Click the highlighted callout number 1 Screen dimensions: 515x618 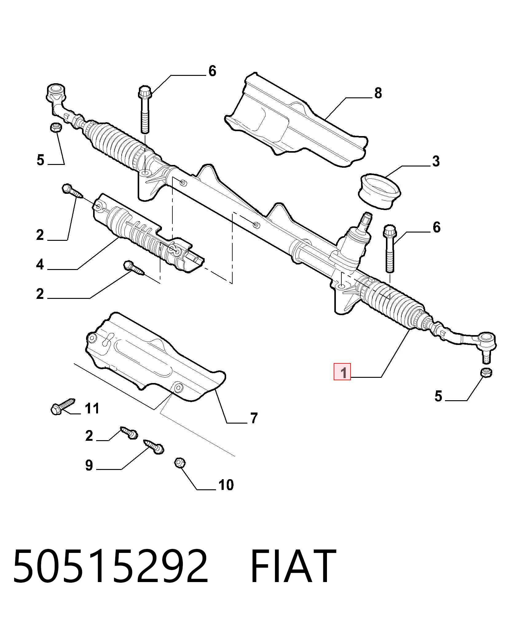[x=342, y=372]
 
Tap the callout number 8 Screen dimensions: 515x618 [x=378, y=93]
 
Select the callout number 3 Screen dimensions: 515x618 [x=436, y=161]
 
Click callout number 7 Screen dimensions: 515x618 [x=254, y=418]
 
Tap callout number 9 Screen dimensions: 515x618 [x=89, y=465]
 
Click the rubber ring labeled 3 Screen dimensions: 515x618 [x=379, y=192]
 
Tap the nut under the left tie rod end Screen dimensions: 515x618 [x=56, y=127]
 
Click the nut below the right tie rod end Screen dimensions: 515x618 [x=486, y=372]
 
